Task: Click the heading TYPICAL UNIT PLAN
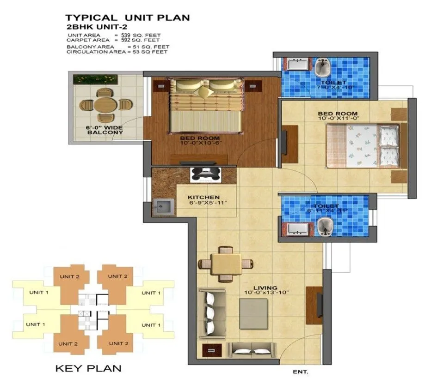tap(128, 18)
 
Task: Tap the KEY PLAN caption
tap(88, 368)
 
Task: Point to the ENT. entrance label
tap(301, 371)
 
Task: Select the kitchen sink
tap(163, 206)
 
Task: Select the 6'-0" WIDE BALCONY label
tap(105, 129)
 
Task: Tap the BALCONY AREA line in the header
tap(118, 47)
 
